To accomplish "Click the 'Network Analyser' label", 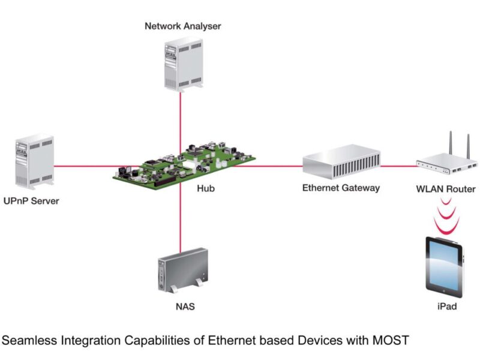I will point(182,26).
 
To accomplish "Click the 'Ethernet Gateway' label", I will point(341,188).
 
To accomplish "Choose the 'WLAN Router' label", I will point(446,189).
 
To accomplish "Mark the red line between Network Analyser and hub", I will point(180,120).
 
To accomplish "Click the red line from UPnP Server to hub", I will point(84,166).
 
